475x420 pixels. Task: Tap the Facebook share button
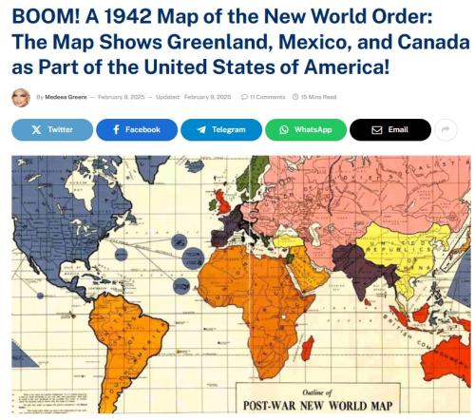tap(136, 129)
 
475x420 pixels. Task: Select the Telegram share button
tap(220, 129)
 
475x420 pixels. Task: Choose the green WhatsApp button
tap(305, 129)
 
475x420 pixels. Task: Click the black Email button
tap(389, 129)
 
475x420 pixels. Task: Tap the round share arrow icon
tap(446, 129)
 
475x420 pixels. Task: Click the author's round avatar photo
tap(20, 96)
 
